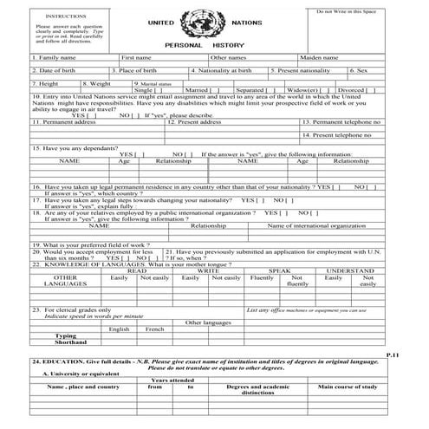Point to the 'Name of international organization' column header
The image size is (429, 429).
tap(316, 225)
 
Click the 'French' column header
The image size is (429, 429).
tap(155, 329)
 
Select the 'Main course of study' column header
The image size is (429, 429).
tap(348, 387)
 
